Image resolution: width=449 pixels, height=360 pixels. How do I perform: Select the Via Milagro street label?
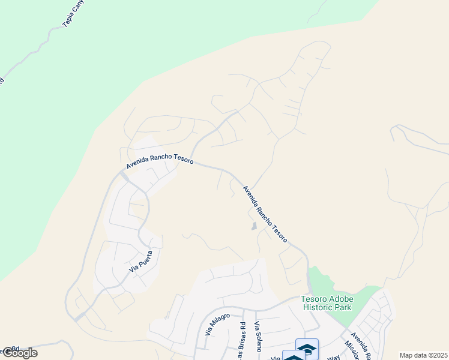[217, 324]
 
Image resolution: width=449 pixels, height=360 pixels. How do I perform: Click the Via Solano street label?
[259, 334]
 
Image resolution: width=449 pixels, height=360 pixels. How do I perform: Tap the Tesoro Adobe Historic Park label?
[327, 304]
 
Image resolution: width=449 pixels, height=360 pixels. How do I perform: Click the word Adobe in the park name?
[341, 299]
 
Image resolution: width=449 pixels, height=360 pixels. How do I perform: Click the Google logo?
[20, 353]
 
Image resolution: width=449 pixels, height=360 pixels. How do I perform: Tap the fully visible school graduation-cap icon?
[307, 348]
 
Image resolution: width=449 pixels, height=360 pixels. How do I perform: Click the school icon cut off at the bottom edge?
[294, 356]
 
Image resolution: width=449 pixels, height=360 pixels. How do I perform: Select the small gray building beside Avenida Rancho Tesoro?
[254, 227]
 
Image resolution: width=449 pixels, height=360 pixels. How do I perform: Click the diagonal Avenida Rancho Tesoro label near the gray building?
[265, 214]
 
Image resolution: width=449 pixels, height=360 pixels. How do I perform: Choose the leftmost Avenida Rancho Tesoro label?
[160, 161]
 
